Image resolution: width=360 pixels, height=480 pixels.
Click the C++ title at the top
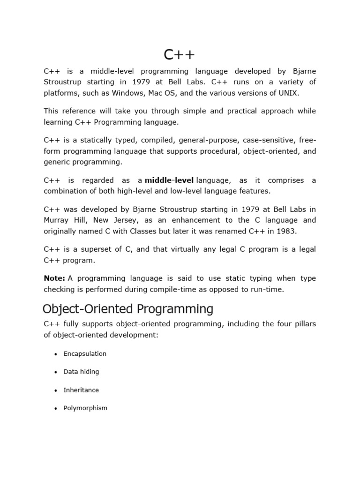tap(179, 55)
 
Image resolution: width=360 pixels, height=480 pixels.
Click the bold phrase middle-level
tap(169, 180)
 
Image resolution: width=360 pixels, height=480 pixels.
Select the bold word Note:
tap(54, 278)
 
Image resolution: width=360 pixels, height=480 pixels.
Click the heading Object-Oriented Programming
tap(127, 309)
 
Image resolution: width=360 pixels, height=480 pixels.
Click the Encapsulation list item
tap(85, 353)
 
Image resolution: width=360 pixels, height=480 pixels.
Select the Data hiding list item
tap(81, 372)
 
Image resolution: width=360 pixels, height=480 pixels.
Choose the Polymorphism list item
tap(85, 408)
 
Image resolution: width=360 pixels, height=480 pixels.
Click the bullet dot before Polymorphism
tap(56, 408)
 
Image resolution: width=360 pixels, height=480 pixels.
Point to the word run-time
tap(268, 289)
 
